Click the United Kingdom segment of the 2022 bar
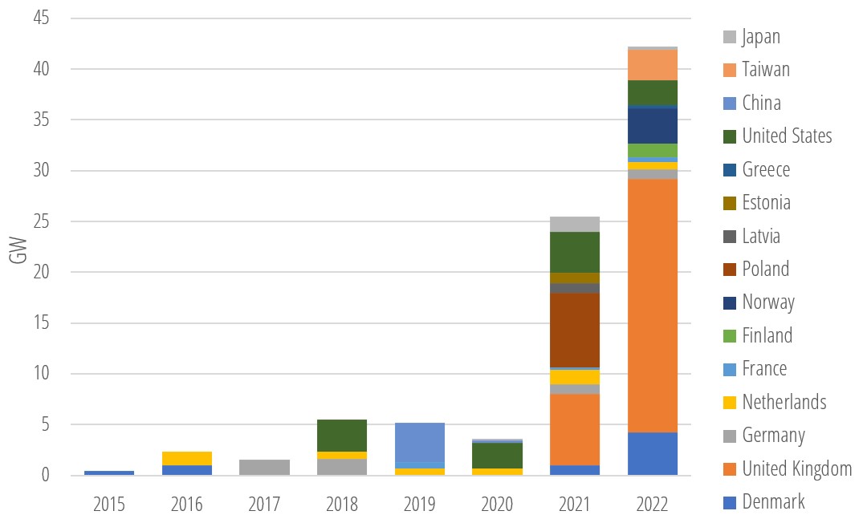pyautogui.click(x=652, y=305)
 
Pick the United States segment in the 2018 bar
pyautogui.click(x=341, y=435)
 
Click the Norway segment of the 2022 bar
pyautogui.click(x=652, y=125)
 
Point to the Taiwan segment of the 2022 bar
pyautogui.click(x=652, y=65)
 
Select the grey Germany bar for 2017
pyautogui.click(x=264, y=467)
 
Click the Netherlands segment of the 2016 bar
pyautogui.click(x=186, y=458)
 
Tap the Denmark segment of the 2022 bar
pyautogui.click(x=652, y=453)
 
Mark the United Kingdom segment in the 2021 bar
pyautogui.click(x=574, y=429)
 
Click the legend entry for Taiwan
pyautogui.click(x=765, y=70)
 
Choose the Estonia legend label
pyautogui.click(x=766, y=203)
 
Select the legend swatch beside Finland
pyautogui.click(x=730, y=335)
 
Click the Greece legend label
pyautogui.click(x=766, y=169)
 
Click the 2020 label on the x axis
pyautogui.click(x=496, y=503)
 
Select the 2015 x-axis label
pyautogui.click(x=108, y=503)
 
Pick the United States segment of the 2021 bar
pyautogui.click(x=574, y=252)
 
